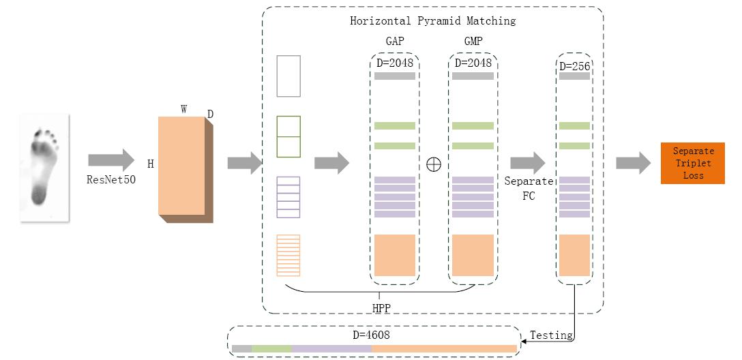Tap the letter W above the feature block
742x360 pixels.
(x=184, y=108)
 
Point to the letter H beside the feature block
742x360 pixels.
(x=150, y=164)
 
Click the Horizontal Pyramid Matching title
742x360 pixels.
(x=432, y=20)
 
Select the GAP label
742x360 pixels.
(x=395, y=42)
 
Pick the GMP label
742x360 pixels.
(x=473, y=42)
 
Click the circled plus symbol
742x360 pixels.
(x=433, y=164)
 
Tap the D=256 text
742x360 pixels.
(x=575, y=66)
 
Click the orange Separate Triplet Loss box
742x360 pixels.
(x=692, y=164)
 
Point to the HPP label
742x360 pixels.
(x=382, y=307)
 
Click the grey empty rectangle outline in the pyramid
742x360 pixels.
(x=288, y=76)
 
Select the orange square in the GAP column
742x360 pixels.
(x=395, y=255)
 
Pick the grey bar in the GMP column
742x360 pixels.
(x=473, y=76)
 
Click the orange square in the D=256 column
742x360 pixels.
(x=574, y=255)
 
